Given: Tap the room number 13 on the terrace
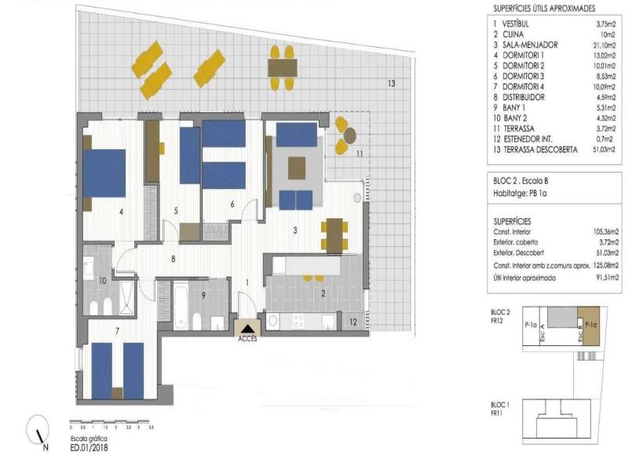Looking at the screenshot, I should [390, 83].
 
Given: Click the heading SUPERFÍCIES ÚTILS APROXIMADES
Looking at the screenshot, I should [553, 8].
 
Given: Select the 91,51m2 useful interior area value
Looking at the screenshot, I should [606, 278].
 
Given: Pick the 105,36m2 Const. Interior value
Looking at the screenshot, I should [605, 233].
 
